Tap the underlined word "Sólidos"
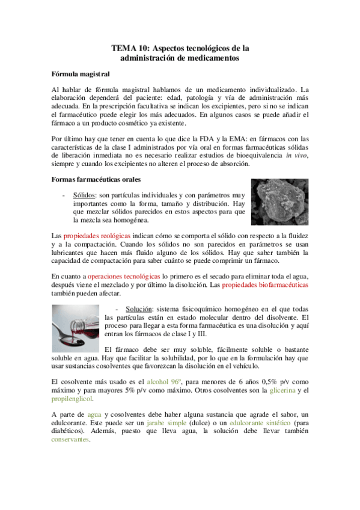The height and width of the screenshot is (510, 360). (x=84, y=195)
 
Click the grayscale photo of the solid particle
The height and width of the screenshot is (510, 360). (x=279, y=203)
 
